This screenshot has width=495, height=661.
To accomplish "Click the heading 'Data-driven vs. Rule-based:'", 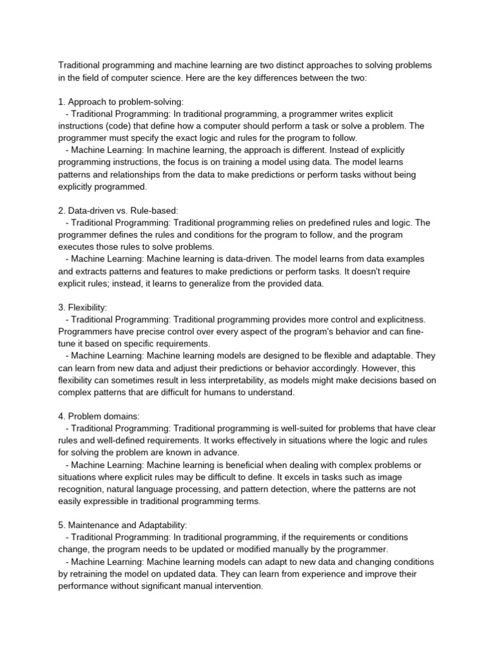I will (122, 210).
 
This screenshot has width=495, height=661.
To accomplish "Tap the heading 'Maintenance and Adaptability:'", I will (127, 525).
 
